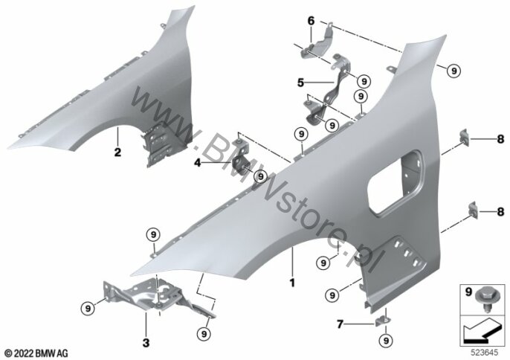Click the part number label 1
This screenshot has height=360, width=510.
[x=292, y=282]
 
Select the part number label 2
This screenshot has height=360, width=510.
[x=117, y=152]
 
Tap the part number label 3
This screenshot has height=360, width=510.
[x=146, y=342]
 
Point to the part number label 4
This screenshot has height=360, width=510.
[x=198, y=163]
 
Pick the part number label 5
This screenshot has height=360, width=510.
[x=301, y=83]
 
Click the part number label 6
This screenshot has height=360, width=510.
[x=312, y=21]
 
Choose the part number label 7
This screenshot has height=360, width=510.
[x=340, y=324]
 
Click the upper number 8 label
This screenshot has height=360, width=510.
[x=500, y=139]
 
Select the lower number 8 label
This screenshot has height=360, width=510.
[x=500, y=212]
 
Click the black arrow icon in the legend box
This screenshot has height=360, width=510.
[x=480, y=331]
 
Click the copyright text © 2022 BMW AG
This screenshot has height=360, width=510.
[x=36, y=353]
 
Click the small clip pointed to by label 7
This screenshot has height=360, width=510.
[x=382, y=321]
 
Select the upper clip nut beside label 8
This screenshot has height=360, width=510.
[x=464, y=136]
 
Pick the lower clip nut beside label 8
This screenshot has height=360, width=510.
[x=473, y=209]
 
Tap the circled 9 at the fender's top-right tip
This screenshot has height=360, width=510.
[x=453, y=70]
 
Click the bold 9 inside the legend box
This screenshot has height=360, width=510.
[x=468, y=292]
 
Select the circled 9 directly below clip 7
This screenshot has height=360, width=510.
[x=386, y=341]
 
